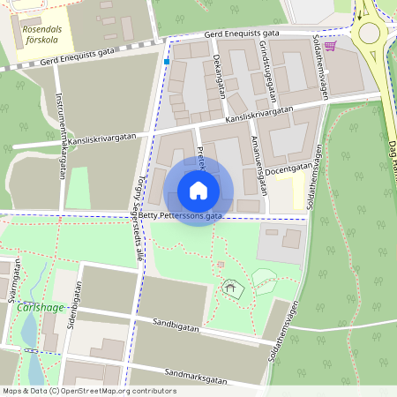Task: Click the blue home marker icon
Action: tap(198, 191)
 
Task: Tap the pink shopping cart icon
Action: tap(330, 46)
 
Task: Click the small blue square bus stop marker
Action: tap(166, 62)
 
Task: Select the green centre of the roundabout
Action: tap(369, 34)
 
